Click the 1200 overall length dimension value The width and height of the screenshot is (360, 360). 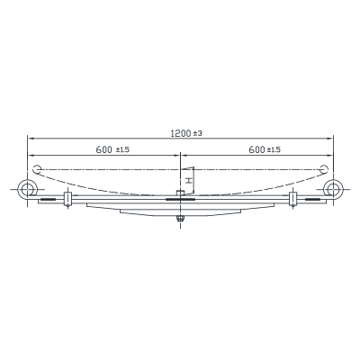pos(181,133)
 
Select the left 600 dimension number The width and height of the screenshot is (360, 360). pos(103,149)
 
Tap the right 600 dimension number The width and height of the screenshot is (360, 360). pos(256,149)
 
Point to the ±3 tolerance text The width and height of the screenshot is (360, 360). pos(197,133)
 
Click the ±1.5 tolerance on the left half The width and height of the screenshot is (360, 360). pos(122,149)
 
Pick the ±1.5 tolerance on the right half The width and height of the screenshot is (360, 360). pos(274,149)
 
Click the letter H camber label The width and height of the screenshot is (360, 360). pos(189,181)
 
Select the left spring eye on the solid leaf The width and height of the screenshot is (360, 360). pos(27,190)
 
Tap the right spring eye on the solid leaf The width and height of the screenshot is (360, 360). pos(333,190)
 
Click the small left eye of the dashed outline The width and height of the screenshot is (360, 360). pos(37,169)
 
